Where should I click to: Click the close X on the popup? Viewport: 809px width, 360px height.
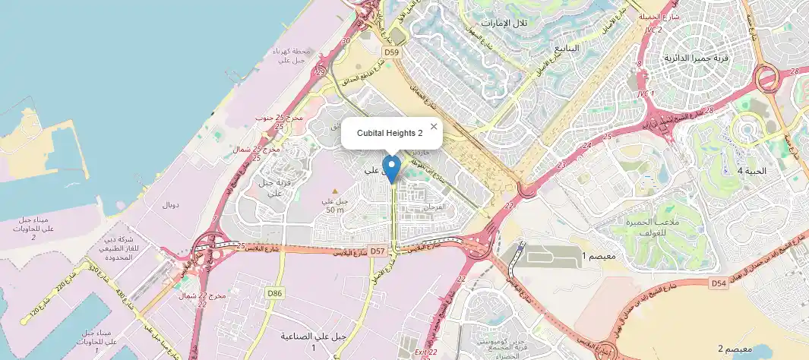coord(434,127)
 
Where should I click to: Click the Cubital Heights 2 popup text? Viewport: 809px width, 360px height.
coord(390,133)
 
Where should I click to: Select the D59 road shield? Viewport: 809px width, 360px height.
coord(391,52)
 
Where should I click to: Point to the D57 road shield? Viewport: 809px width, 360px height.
coord(378,251)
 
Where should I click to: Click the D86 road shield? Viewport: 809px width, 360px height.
coord(274,292)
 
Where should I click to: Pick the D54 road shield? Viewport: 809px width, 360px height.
coord(719,283)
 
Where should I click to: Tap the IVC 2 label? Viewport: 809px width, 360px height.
coord(653,30)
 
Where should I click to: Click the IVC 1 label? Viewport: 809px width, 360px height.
coord(646,93)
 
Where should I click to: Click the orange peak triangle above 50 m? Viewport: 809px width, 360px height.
coord(335,190)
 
